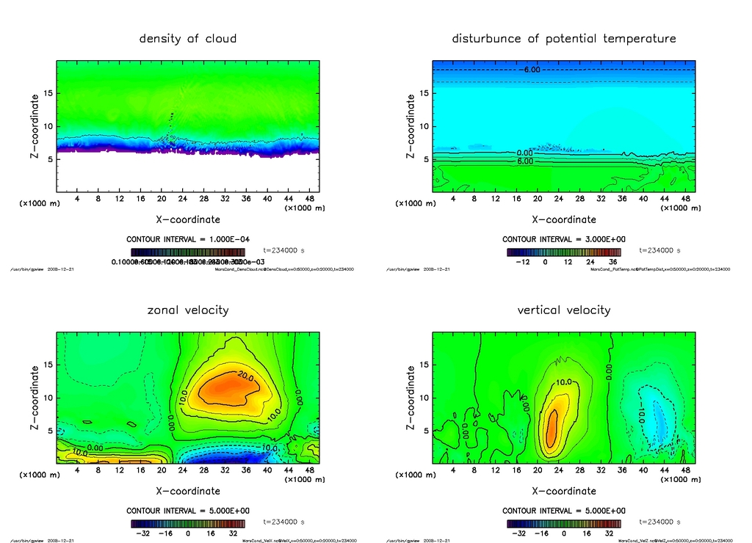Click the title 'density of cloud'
point(188,39)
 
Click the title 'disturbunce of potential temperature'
point(564,39)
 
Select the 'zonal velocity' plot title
point(188,310)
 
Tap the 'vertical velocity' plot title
point(564,310)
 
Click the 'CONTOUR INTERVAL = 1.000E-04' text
point(188,240)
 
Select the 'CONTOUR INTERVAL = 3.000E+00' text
point(564,240)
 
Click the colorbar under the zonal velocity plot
point(188,524)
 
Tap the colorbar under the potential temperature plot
point(564,252)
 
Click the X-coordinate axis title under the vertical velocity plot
point(564,490)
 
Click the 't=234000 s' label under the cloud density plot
point(283,251)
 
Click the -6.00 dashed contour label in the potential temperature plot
point(532,70)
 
